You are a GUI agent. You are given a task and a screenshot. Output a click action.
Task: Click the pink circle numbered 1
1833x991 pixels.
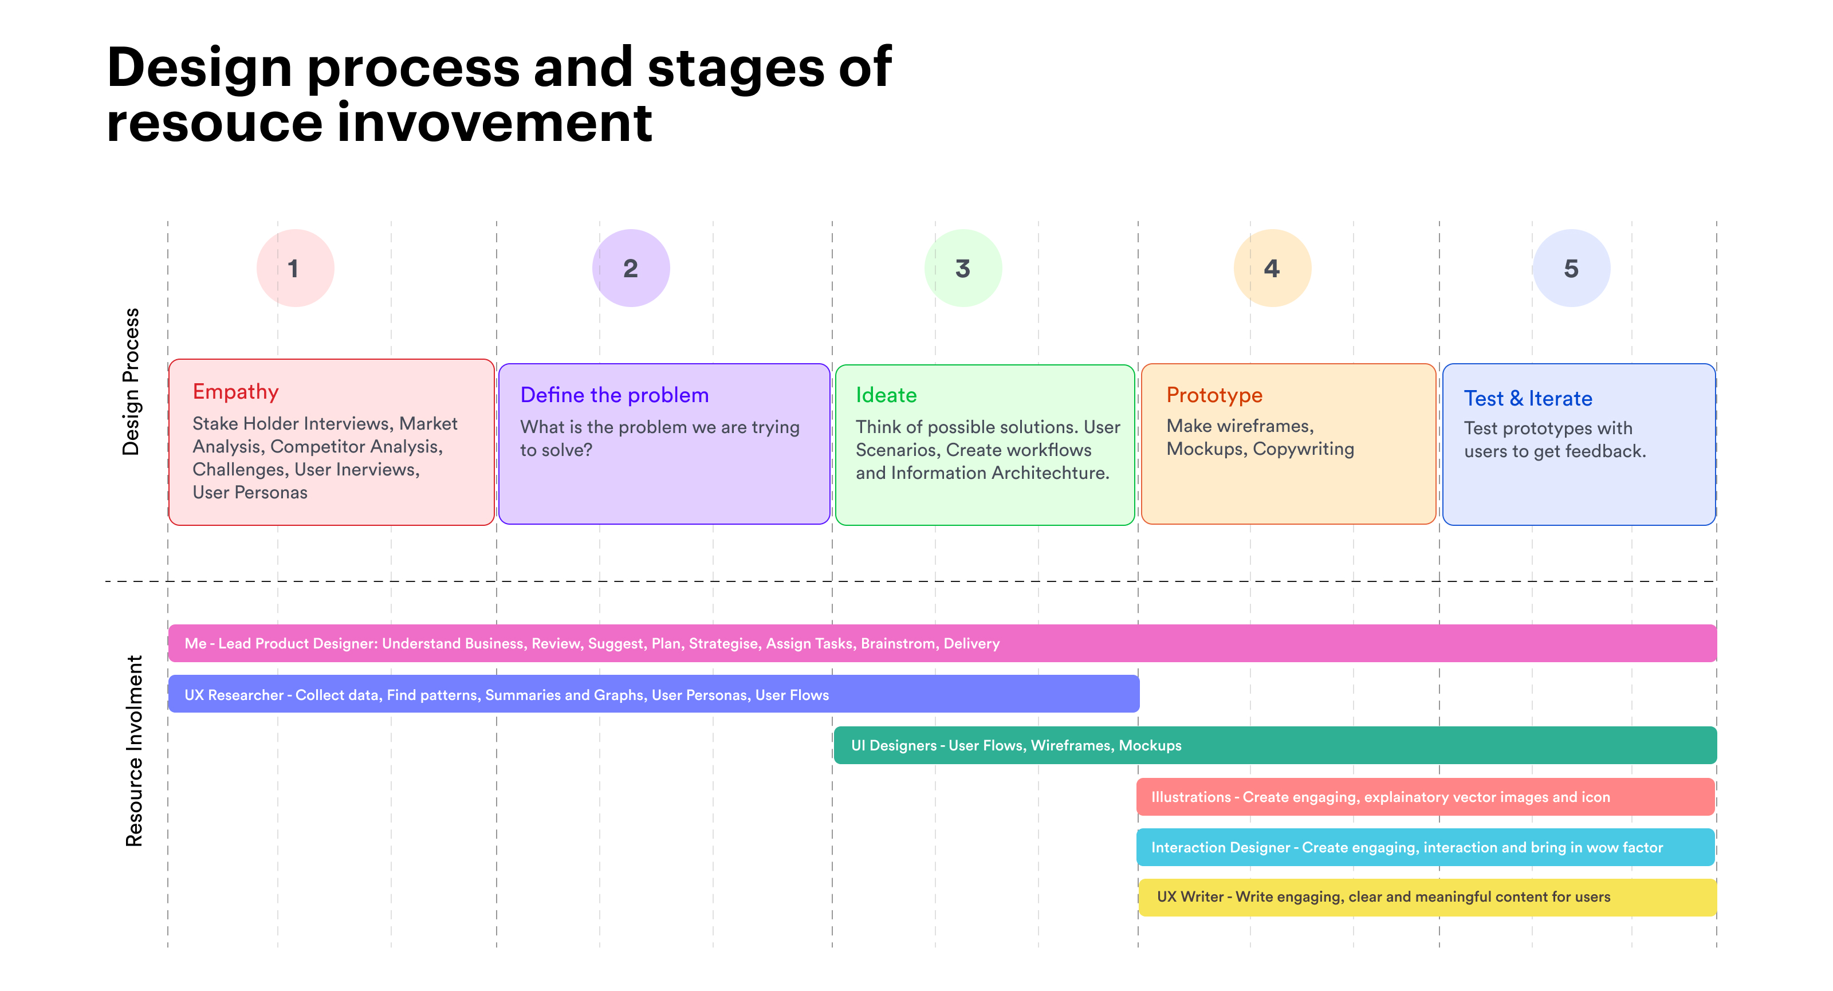(296, 268)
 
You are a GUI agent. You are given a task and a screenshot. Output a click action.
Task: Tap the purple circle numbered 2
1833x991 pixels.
(631, 268)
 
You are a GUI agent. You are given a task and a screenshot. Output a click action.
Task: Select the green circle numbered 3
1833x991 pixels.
(963, 268)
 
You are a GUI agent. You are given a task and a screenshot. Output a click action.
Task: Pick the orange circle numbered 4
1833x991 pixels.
(1272, 268)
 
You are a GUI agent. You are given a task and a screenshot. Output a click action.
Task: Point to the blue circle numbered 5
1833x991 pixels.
(1571, 268)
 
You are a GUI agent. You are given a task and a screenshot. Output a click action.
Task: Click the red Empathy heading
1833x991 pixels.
(235, 392)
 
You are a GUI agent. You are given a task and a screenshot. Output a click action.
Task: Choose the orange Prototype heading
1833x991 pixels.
(1214, 396)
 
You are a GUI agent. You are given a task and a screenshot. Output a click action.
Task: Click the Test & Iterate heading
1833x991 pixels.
(1528, 398)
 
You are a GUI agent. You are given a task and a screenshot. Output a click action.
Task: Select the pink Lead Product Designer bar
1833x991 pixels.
(942, 643)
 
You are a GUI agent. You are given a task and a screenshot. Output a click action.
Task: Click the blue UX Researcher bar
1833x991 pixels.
(653, 694)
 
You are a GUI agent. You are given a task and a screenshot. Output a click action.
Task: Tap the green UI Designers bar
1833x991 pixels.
(1275, 745)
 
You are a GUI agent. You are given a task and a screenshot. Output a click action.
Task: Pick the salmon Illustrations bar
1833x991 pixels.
(1426, 797)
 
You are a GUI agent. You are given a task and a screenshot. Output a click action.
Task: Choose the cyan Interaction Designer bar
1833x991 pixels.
(1426, 847)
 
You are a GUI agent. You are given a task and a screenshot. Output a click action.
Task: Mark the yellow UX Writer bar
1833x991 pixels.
(1427, 897)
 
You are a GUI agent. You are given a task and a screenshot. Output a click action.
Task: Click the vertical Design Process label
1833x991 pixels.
(131, 382)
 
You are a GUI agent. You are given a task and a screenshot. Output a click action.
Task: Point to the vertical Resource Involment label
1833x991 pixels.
(134, 751)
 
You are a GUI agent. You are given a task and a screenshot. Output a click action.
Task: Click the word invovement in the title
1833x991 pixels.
(494, 123)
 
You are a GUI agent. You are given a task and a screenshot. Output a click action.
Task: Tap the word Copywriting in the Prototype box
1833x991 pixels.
(1303, 450)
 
